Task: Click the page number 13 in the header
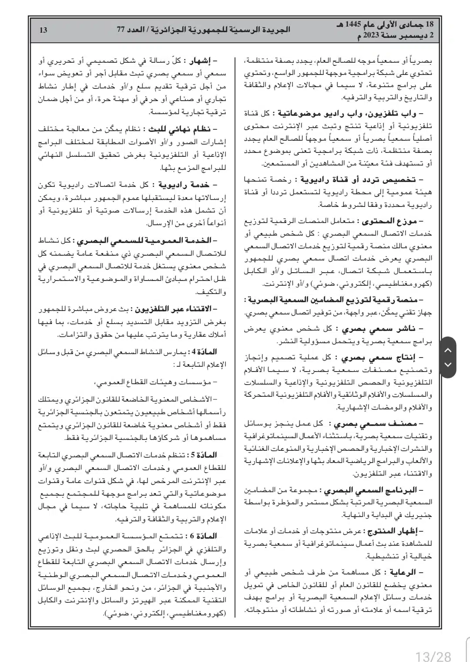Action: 43,30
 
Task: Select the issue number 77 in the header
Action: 121,30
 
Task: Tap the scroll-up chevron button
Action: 448,350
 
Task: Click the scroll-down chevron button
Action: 448,364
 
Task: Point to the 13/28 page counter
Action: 433,655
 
